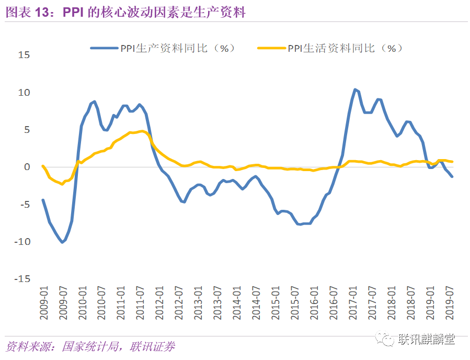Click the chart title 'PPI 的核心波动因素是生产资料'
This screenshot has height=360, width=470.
pyautogui.click(x=154, y=13)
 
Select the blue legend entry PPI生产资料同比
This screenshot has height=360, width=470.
pyautogui.click(x=163, y=48)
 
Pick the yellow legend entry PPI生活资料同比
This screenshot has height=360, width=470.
pyautogui.click(x=330, y=48)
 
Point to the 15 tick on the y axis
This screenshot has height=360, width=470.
pyautogui.click(x=24, y=55)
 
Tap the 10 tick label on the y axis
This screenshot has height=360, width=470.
pyautogui.click(x=24, y=93)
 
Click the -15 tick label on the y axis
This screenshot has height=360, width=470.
pyautogui.click(x=22, y=279)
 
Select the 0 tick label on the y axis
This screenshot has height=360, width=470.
pyautogui.click(x=27, y=167)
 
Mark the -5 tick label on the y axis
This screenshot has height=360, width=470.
pyautogui.click(x=25, y=204)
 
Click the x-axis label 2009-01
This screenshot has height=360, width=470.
pyautogui.click(x=44, y=303)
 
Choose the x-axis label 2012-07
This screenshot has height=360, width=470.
pyautogui.click(x=179, y=303)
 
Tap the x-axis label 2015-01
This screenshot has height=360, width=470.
pyautogui.click(x=276, y=303)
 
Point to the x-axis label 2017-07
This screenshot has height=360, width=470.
pyautogui.click(x=372, y=303)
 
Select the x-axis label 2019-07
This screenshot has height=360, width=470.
pyautogui.click(x=449, y=303)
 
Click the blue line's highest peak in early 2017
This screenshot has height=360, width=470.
pyautogui.click(x=355, y=89)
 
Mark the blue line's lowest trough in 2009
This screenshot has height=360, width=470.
pyautogui.click(x=62, y=242)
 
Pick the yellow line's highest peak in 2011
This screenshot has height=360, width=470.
pyautogui.click(x=142, y=131)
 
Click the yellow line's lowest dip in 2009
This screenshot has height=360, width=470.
pyautogui.click(x=62, y=184)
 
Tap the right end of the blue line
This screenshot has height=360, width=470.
pyautogui.click(x=452, y=177)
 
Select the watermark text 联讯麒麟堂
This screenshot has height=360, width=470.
pyautogui.click(x=427, y=339)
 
